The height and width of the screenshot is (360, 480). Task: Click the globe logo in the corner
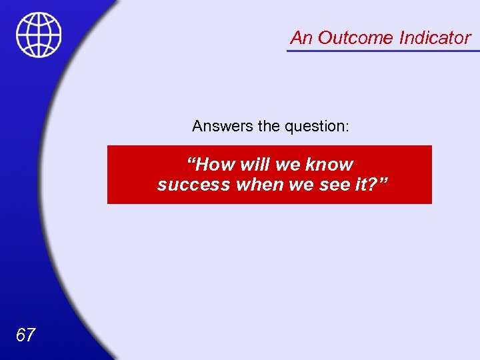[x=39, y=35]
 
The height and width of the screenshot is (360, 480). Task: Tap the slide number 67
[x=25, y=335]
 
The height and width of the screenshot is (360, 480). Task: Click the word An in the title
[x=301, y=38]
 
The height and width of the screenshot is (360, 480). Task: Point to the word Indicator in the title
[x=435, y=38]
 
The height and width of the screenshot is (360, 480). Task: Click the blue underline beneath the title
[x=383, y=51]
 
